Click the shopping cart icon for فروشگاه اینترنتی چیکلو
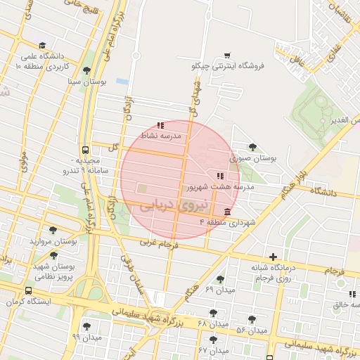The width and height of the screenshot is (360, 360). coord(226,55)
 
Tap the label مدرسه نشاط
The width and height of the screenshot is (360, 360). coord(161,135)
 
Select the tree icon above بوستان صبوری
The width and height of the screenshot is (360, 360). coord(252,147)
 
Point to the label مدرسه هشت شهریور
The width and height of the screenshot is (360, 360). coord(219,188)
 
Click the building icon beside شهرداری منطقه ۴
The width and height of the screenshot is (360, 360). coord(227,212)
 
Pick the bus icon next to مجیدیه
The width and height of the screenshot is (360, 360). coord(85,150)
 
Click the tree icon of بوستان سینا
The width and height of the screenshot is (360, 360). coord(86,70)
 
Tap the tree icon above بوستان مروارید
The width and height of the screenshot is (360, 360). coord(53,230)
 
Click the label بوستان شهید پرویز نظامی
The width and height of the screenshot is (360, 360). coord(53,272)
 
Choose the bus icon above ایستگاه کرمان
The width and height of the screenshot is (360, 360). coord(28,290)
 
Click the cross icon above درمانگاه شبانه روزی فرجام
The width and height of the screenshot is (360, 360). coord(273,257)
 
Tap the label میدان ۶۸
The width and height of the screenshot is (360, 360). coord(214,323)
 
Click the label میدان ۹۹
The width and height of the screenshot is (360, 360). coord(86,337)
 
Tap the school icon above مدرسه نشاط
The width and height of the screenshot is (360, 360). coord(160,125)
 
